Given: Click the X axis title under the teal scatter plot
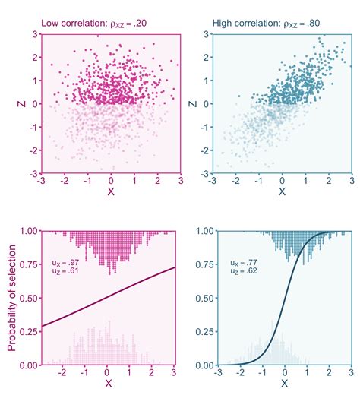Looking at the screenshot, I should click(282, 194).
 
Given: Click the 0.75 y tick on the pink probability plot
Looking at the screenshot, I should click(27, 264).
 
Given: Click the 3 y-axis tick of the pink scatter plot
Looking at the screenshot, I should click(35, 35).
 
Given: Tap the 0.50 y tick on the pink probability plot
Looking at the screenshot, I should click(27, 299).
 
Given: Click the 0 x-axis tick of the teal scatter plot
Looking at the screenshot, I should click(282, 182).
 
